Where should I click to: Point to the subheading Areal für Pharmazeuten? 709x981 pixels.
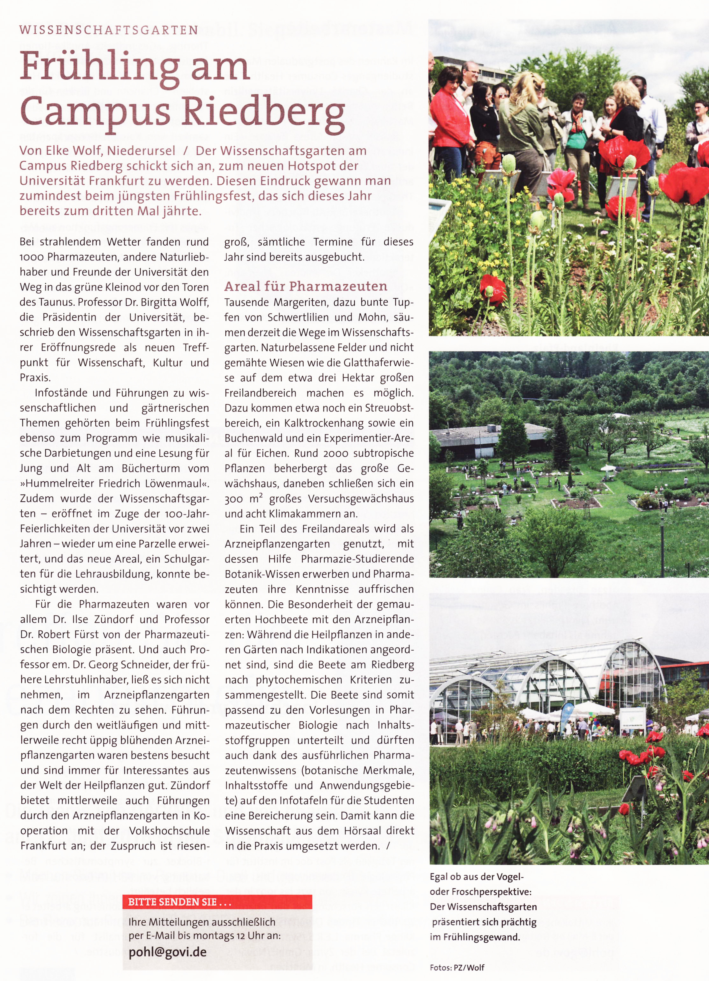pos(305,286)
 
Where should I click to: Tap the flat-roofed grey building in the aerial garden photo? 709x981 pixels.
pos(489,437)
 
